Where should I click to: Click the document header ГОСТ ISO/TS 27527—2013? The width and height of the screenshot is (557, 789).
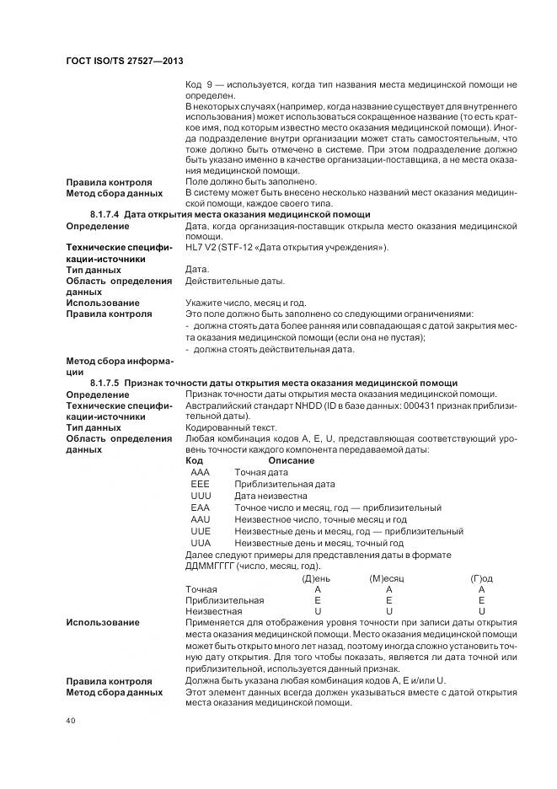pyautogui.click(x=125, y=62)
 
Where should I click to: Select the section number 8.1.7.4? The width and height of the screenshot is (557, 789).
pyautogui.click(x=105, y=215)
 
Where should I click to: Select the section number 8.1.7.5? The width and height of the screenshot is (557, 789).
pyautogui.click(x=105, y=383)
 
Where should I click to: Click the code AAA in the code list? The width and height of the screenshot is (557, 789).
pyautogui.click(x=201, y=472)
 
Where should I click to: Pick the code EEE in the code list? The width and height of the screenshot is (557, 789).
pyautogui.click(x=201, y=484)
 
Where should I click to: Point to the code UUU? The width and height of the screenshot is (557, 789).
pyautogui.click(x=201, y=496)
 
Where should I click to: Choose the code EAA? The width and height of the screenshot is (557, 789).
pyautogui.click(x=201, y=507)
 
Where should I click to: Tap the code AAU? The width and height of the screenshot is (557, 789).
pyautogui.click(x=201, y=519)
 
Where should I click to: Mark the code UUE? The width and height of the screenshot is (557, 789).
pyautogui.click(x=201, y=531)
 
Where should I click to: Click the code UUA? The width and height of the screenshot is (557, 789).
pyautogui.click(x=201, y=543)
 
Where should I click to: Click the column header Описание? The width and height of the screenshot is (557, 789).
pyautogui.click(x=291, y=460)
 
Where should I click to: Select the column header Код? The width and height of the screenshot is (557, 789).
pyautogui.click(x=194, y=460)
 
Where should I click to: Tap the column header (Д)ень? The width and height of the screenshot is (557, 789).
pyautogui.click(x=316, y=578)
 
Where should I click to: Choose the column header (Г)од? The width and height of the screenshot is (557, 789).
pyautogui.click(x=481, y=578)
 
